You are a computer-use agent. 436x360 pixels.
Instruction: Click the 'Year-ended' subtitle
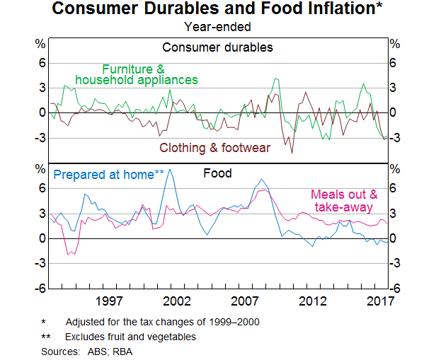217,28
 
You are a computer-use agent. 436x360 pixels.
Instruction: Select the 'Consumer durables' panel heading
217,48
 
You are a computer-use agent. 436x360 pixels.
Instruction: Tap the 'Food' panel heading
217,173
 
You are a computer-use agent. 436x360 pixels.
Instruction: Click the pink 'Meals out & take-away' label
345,201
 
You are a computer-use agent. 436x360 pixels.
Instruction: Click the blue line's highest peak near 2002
168,170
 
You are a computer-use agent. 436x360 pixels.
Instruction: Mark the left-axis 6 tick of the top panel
41,63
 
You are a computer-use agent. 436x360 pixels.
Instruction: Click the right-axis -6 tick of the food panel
394,289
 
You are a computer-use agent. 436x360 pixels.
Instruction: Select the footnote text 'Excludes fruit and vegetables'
130,337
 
